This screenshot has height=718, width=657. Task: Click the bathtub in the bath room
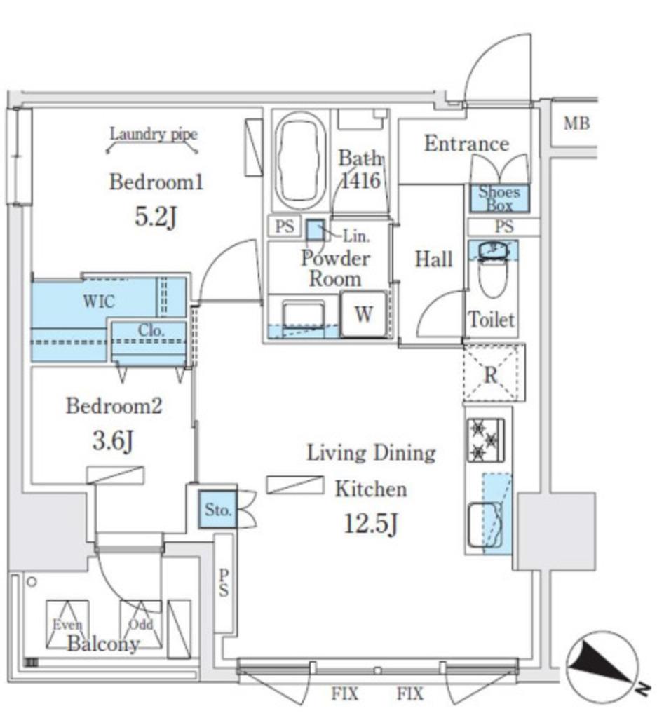[x=300, y=161]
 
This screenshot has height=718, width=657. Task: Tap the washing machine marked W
[x=364, y=314]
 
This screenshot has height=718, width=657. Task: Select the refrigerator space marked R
[x=492, y=373]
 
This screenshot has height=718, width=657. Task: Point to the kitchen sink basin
[x=485, y=524]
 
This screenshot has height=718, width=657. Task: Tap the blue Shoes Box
[x=499, y=198]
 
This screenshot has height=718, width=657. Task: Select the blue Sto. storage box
[x=217, y=509]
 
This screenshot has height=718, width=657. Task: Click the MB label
[x=577, y=123]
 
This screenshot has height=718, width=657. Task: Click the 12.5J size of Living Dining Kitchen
[x=371, y=524]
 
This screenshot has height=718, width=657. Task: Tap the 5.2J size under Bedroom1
[x=156, y=217]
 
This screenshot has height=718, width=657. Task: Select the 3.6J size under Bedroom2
[x=113, y=441]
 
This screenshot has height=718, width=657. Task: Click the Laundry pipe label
[x=154, y=134]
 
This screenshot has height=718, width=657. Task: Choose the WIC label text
[x=98, y=302]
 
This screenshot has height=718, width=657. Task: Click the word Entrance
[x=466, y=144]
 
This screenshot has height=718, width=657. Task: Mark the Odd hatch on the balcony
[x=140, y=623]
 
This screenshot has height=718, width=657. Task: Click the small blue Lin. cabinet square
[x=315, y=230]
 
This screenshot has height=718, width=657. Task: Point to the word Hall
[x=433, y=259]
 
